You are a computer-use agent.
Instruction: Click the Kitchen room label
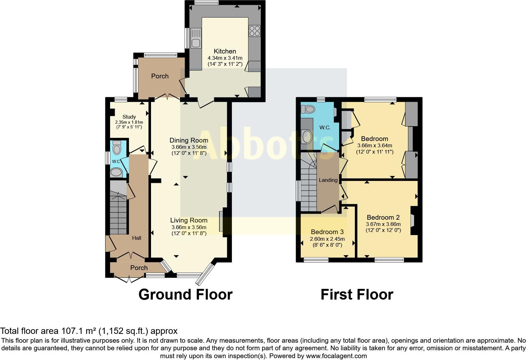pos(225,51)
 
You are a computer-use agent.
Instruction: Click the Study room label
pos(129,117)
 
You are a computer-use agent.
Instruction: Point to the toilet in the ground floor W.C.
pos(117,148)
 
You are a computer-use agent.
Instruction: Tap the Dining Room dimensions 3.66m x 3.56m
pos(189,147)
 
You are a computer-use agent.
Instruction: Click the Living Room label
pos(189,220)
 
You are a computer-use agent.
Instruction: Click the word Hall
pos(137,238)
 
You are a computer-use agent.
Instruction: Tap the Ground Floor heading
pos(185,295)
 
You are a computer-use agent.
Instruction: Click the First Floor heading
pos(357,295)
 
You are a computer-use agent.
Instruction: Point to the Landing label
pos(328,180)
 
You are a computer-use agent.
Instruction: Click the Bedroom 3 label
pos(327,232)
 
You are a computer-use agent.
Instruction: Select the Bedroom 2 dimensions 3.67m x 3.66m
pos(383,224)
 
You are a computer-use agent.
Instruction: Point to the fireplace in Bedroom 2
pos(413,220)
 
